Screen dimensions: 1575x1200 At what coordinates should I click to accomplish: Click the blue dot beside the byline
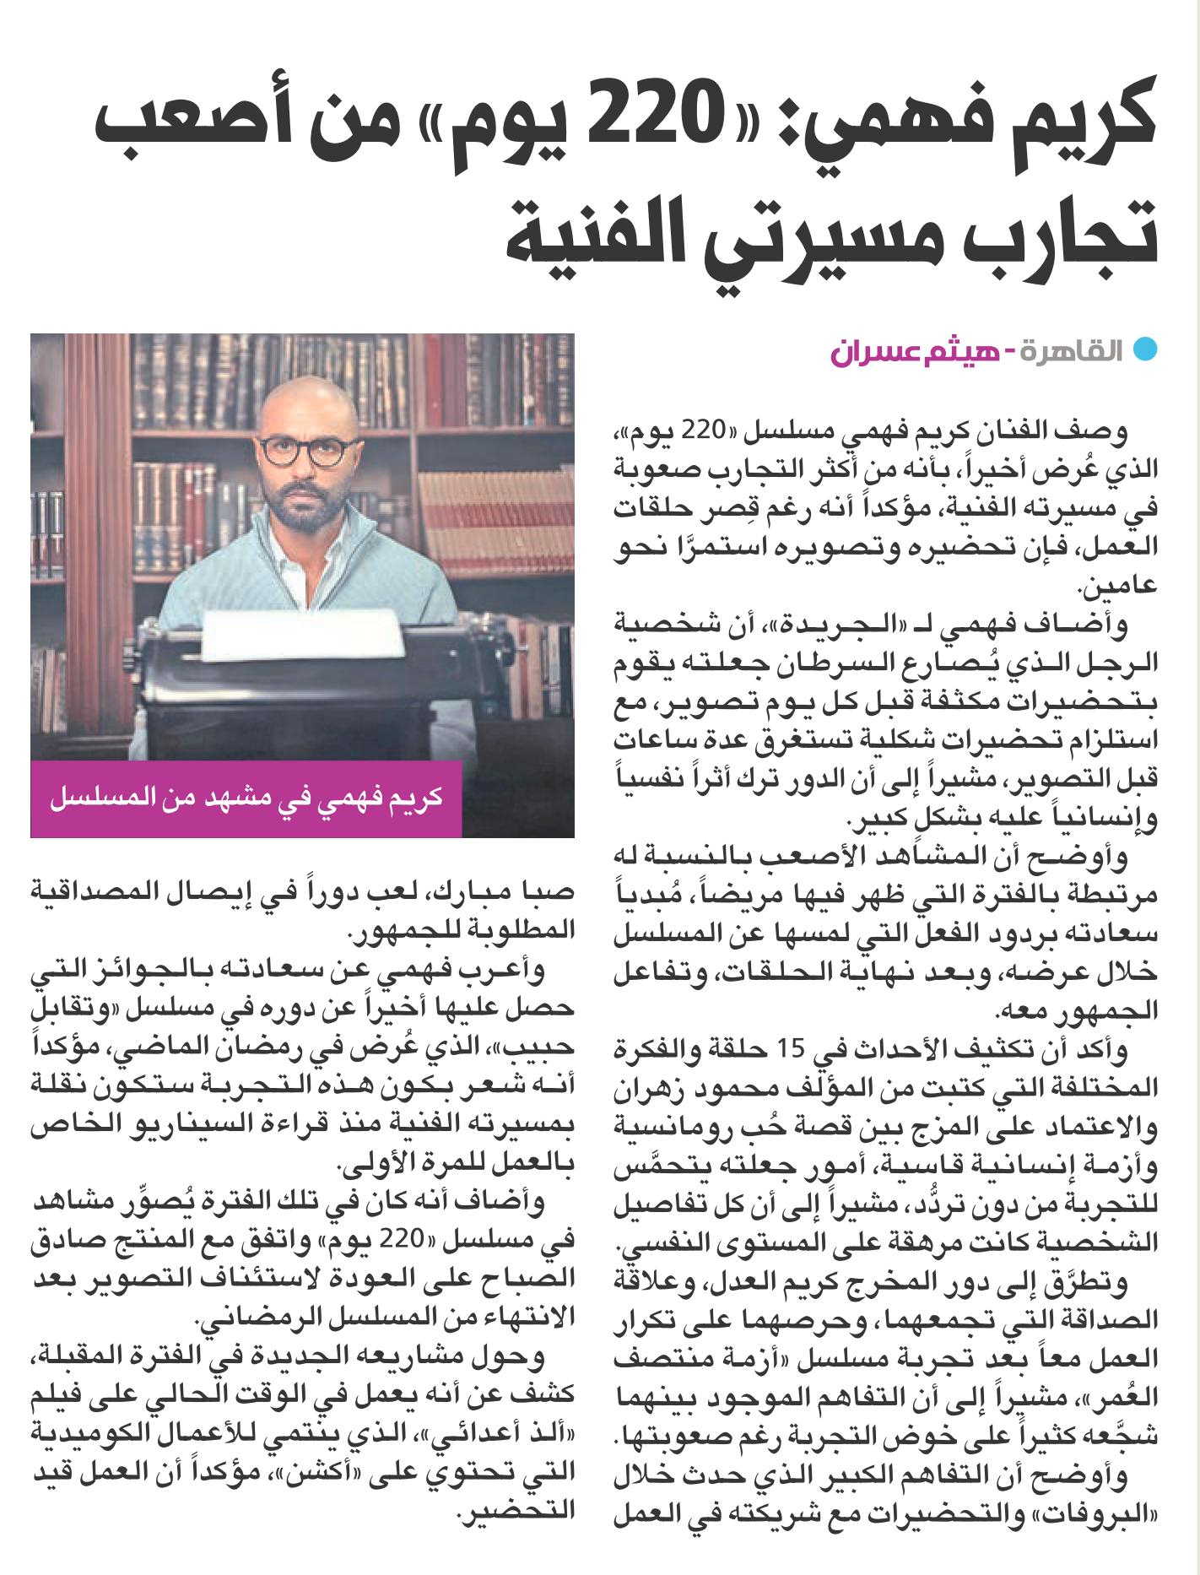click(1142, 349)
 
